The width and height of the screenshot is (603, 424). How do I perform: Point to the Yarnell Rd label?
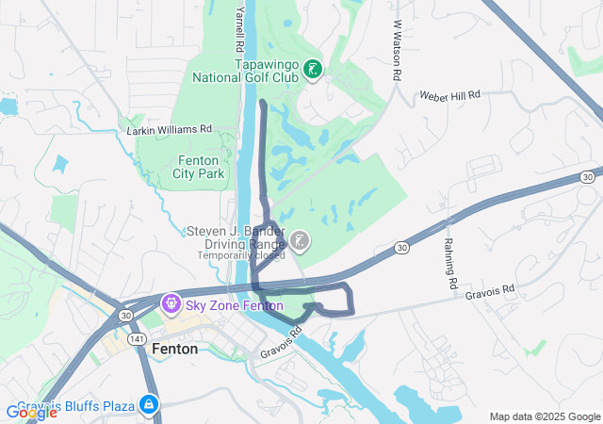pos(240,28)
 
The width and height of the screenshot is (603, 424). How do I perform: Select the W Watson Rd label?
pos(398,52)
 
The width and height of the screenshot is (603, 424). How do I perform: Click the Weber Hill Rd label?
pos(450,95)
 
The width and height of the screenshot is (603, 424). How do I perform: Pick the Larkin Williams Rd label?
pos(171,129)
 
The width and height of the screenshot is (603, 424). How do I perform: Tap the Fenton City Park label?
pos(199,167)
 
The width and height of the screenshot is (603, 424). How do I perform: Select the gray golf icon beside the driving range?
pos(300,242)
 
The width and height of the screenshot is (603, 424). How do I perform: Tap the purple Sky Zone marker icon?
pos(171,302)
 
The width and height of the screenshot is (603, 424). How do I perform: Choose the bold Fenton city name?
pos(174,349)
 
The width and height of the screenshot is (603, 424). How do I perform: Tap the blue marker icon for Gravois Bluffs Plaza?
pos(148,405)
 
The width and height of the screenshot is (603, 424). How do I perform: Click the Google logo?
pos(32,412)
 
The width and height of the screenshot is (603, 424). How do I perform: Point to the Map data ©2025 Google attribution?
pos(544,416)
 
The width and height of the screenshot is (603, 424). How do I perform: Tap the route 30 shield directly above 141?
pos(126,314)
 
